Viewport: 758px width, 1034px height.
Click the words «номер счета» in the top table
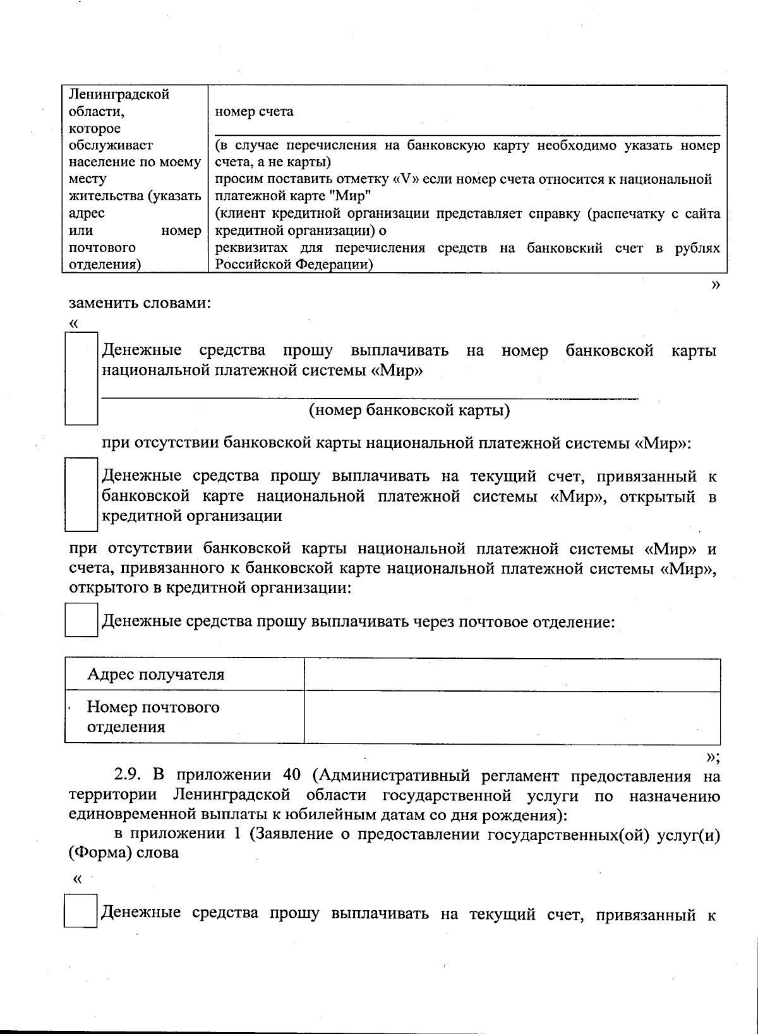(254, 112)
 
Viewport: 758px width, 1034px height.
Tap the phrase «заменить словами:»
(139, 303)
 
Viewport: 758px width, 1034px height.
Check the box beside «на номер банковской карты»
(81, 378)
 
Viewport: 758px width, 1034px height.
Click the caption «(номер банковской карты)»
(409, 411)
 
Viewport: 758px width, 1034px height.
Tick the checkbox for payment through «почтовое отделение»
(81, 620)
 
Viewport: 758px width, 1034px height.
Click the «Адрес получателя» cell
(155, 675)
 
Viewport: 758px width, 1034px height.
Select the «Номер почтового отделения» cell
(153, 716)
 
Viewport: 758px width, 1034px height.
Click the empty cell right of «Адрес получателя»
(512, 675)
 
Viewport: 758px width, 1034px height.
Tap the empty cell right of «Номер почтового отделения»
(512, 717)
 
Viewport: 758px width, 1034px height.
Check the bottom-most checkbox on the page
(80, 911)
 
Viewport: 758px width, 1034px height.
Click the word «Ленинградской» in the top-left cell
(119, 95)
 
